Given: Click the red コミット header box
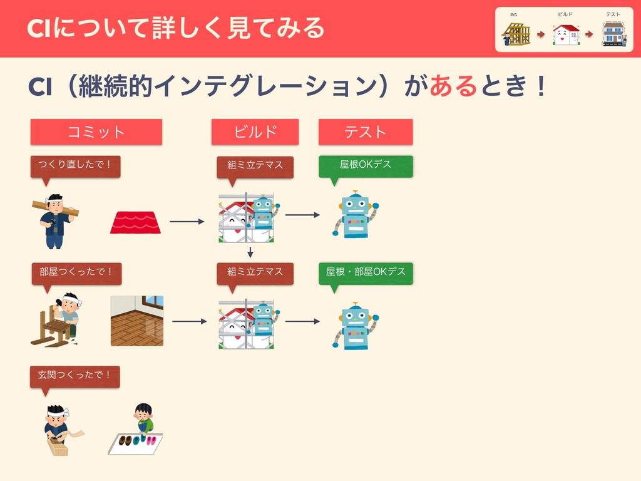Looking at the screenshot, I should click(x=96, y=132).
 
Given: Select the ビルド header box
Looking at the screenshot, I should click(x=255, y=132).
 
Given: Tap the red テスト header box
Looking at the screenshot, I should click(x=366, y=132).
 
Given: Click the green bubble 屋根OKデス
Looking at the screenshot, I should click(x=366, y=165).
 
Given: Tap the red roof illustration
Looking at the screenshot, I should click(x=135, y=222).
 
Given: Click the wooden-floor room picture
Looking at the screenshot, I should click(x=137, y=321).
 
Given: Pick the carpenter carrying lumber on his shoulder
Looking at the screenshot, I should click(x=55, y=220).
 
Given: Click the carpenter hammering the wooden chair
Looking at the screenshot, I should click(x=58, y=319).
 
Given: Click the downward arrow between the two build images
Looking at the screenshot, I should click(x=250, y=252).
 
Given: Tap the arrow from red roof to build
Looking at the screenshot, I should click(x=187, y=221).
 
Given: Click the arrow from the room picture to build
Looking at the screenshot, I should click(x=189, y=321).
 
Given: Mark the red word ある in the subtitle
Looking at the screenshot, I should click(x=453, y=87).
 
